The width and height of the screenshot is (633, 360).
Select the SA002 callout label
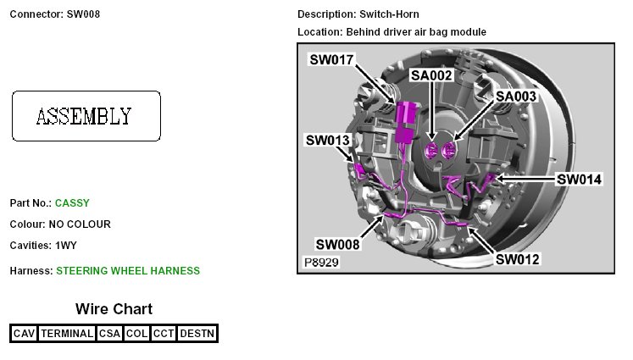pyautogui.click(x=432, y=75)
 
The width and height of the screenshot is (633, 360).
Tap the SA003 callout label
pyautogui.click(x=516, y=97)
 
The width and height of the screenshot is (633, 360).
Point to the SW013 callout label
pyautogui.click(x=328, y=140)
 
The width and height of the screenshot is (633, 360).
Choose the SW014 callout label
pyautogui.click(x=579, y=180)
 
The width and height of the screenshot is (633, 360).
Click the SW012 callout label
pyautogui.click(x=518, y=258)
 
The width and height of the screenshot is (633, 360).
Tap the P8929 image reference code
pyautogui.click(x=322, y=263)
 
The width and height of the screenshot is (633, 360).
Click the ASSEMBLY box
pyautogui.click(x=86, y=116)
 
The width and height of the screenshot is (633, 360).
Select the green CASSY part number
pyautogui.click(x=72, y=203)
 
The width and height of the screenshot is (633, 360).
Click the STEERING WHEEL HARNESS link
pyautogui.click(x=128, y=271)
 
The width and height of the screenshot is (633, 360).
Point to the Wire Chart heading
pyautogui.click(x=114, y=309)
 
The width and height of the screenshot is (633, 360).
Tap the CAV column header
pyautogui.click(x=24, y=334)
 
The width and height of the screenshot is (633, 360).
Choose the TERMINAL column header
pyautogui.click(x=67, y=334)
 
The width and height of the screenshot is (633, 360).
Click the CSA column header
pyautogui.click(x=110, y=334)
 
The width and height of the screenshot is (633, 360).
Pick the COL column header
pyautogui.click(x=136, y=334)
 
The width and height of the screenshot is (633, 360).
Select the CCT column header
pyautogui.click(x=164, y=334)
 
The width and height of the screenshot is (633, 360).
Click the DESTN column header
pyautogui.click(x=197, y=334)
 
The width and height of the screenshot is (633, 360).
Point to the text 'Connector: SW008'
pyautogui.click(x=55, y=14)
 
